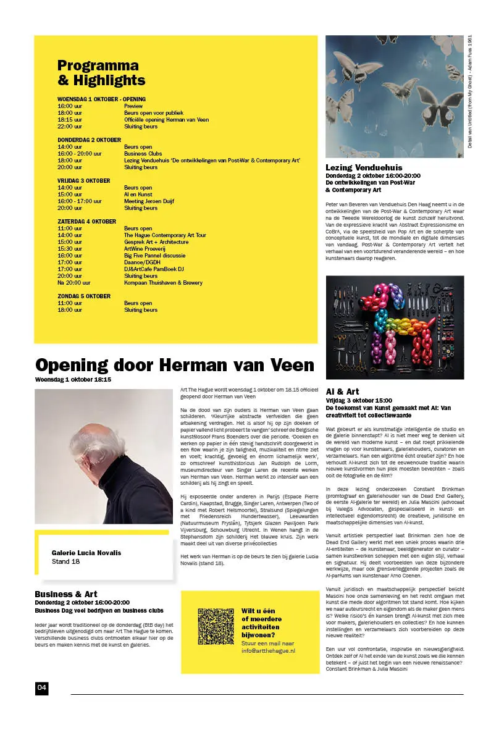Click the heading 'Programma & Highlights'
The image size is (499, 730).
pos(101,73)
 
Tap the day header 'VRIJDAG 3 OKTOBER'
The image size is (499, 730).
pos(84,181)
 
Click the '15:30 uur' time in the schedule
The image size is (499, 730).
pos(70,248)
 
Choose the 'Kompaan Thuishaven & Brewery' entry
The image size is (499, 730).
pos(163,282)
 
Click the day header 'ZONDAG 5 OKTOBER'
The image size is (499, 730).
pos(84,296)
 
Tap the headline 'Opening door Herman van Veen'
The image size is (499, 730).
pos(175,364)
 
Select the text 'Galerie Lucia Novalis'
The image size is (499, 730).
pos(86,553)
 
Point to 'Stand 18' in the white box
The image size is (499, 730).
pos(66,562)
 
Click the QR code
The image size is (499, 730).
pos(216,631)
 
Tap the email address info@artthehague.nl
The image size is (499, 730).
pos(268,651)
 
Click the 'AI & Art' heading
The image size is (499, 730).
pos(342,392)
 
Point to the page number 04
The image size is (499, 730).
pos(41,688)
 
